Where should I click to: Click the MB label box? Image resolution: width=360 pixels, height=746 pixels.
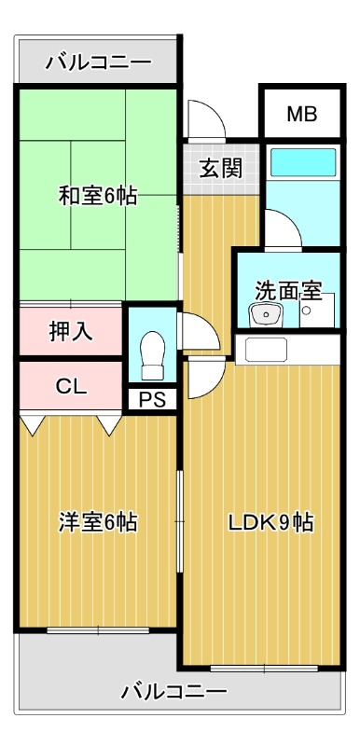pos(301,115)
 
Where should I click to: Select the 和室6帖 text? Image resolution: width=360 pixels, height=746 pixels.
pos(98,196)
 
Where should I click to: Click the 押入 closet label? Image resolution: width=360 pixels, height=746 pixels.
pos(71,330)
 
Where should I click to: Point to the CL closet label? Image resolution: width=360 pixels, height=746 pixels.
pos(71,385)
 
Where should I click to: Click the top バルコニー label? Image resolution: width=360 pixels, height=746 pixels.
pos(98,63)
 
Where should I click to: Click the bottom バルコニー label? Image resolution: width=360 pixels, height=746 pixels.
pos(174,691)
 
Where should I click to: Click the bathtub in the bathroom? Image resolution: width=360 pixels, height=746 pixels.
pos(300,166)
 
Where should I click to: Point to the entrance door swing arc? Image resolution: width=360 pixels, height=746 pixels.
pos(204,118)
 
